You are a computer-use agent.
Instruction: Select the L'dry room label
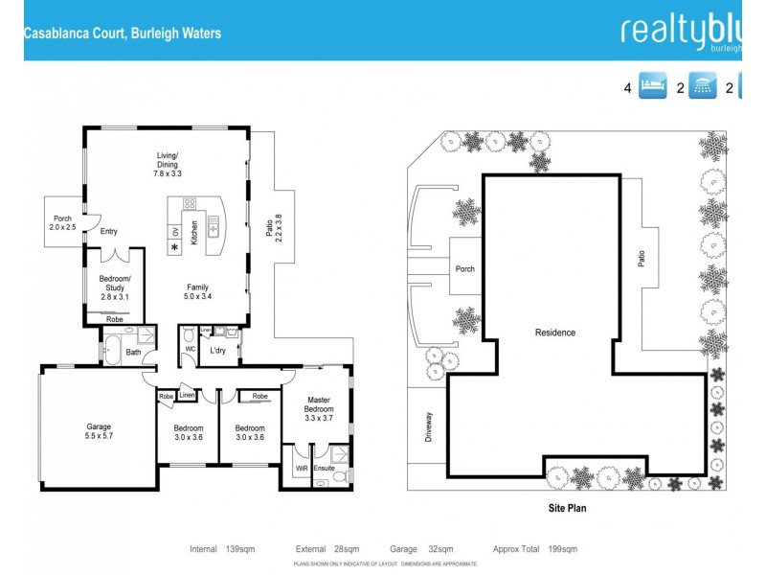(x=218, y=350)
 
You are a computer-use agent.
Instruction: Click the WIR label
(x=303, y=468)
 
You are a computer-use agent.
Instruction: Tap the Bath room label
(x=132, y=352)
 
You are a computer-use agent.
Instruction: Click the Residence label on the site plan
(x=555, y=333)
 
